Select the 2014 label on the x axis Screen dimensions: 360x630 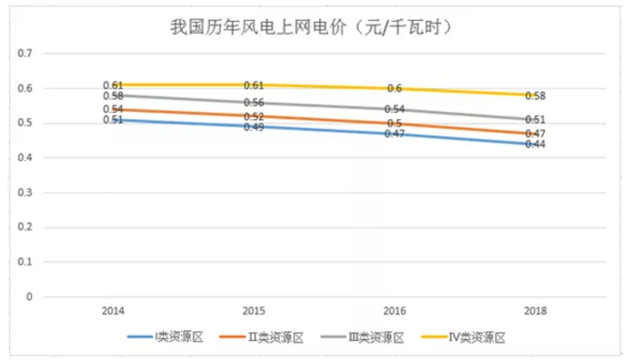(x=113, y=310)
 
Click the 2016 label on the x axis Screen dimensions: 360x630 (x=395, y=310)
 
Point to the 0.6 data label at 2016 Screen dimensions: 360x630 (x=395, y=88)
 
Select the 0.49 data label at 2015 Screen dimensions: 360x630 (x=254, y=127)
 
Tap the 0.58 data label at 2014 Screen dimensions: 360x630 (x=113, y=95)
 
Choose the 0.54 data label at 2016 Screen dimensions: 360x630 (x=395, y=109)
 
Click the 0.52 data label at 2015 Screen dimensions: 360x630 (x=254, y=116)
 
